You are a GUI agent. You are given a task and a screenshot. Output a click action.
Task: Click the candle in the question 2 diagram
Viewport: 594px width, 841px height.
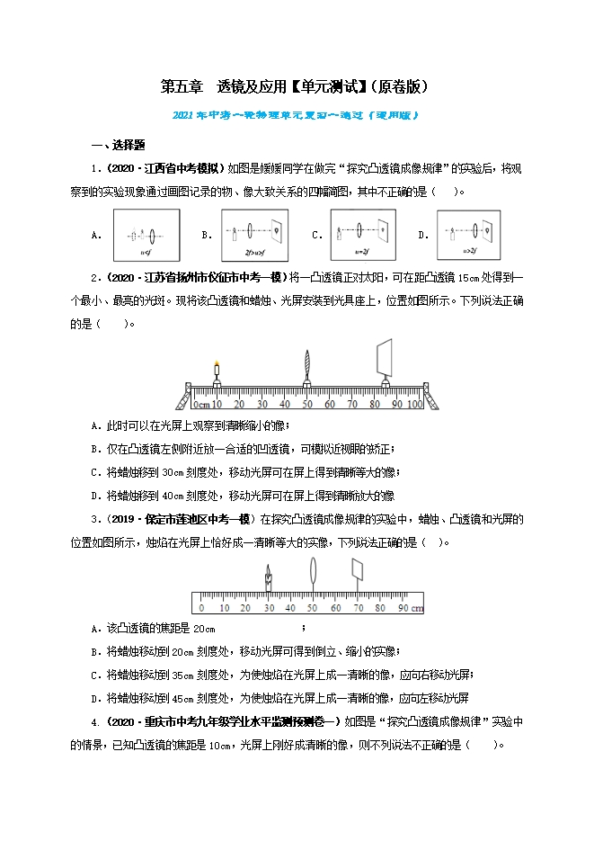pos(217,371)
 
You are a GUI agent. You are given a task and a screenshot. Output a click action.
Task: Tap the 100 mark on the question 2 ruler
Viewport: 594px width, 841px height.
pos(412,404)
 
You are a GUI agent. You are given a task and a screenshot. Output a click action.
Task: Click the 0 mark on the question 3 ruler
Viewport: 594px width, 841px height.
pos(201,608)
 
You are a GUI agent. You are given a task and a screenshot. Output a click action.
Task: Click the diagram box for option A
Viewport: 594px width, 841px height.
pos(146,235)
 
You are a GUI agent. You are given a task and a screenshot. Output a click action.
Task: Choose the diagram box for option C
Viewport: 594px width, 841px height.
pos(363,235)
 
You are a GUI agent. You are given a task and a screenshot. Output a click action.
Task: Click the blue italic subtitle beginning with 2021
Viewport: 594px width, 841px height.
pos(296,115)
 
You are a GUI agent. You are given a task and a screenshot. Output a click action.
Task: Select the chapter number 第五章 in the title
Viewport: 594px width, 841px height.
pos(182,87)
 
